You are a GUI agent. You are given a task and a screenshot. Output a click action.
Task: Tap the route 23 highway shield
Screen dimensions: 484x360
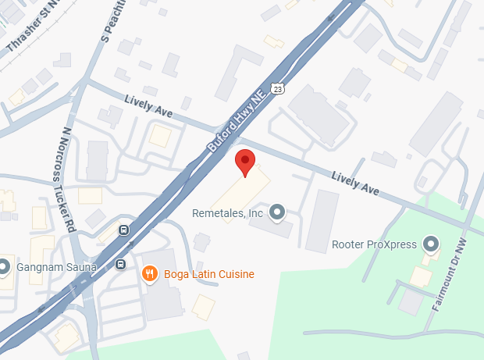click(277, 89)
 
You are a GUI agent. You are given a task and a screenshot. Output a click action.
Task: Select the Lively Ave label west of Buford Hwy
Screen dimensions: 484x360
click(148, 105)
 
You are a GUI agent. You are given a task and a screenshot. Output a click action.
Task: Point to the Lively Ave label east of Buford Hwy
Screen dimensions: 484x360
click(354, 183)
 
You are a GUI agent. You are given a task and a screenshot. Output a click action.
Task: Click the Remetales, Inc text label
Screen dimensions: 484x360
click(228, 212)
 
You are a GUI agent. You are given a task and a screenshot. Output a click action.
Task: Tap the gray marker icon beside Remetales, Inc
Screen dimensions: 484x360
click(276, 212)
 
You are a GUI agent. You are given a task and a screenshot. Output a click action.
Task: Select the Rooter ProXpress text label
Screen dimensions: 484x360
click(374, 244)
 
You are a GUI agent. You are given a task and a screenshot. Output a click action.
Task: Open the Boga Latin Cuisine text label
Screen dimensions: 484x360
click(208, 274)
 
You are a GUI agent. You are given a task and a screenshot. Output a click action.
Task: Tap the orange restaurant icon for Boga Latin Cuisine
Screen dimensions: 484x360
click(150, 273)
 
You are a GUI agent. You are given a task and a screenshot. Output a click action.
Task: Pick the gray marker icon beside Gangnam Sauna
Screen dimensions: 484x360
click(4, 266)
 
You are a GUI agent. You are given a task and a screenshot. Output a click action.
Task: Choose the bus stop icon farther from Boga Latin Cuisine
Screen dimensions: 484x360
click(123, 230)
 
